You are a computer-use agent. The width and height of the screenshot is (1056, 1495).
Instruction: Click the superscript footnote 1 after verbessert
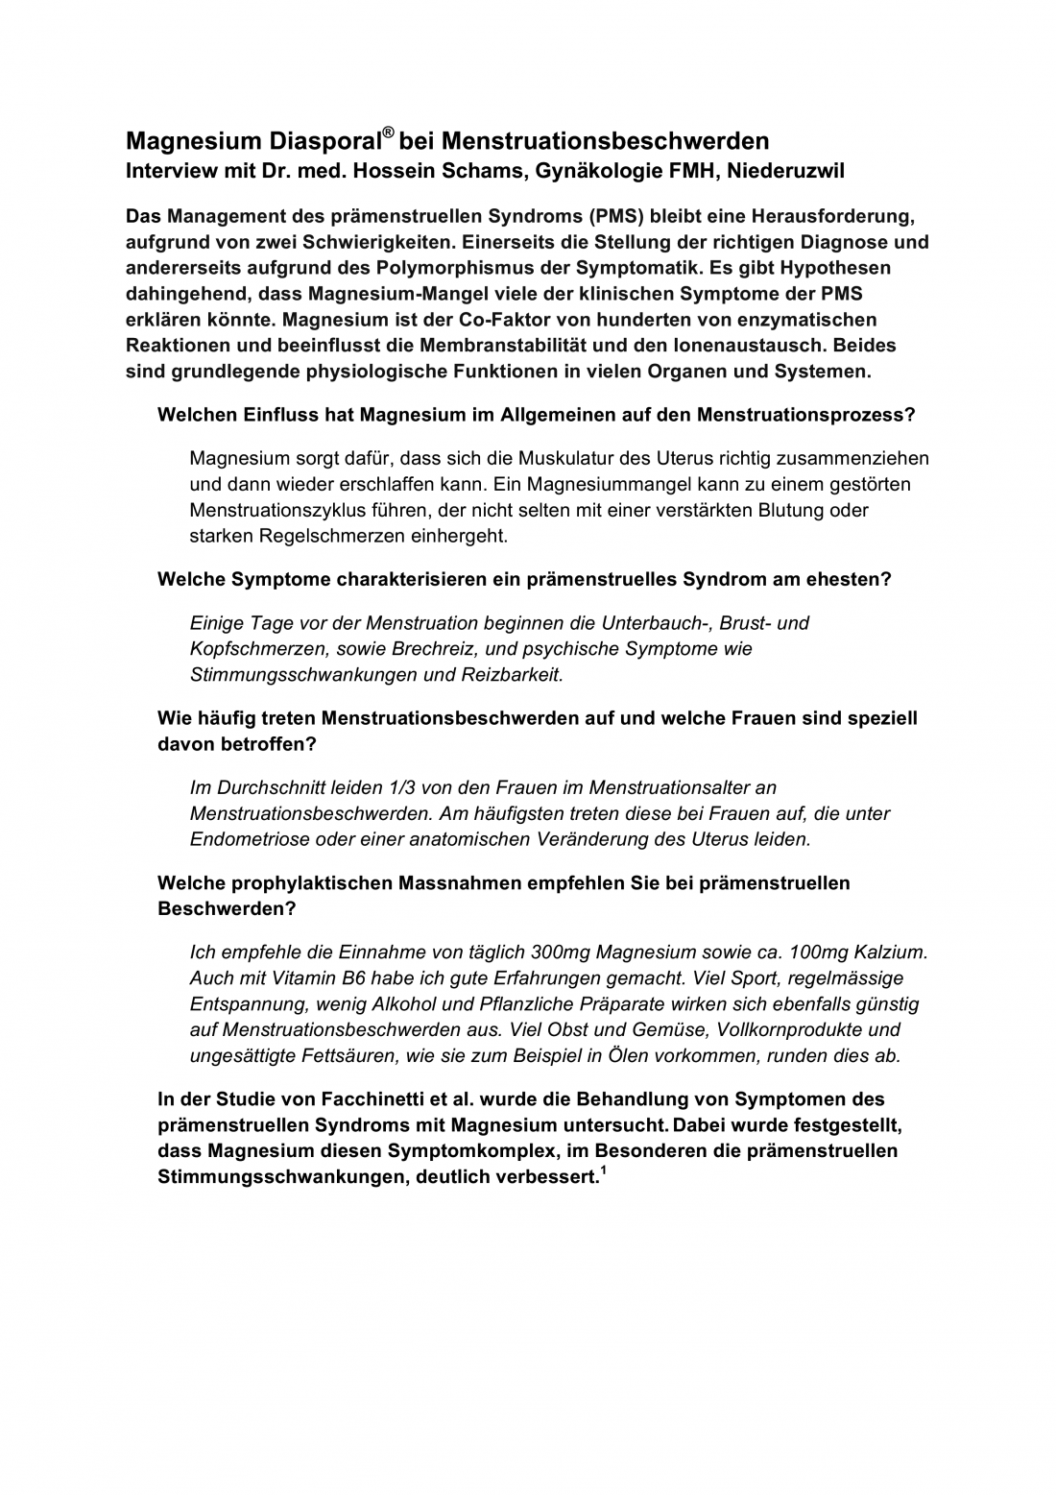pyautogui.click(x=603, y=1169)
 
